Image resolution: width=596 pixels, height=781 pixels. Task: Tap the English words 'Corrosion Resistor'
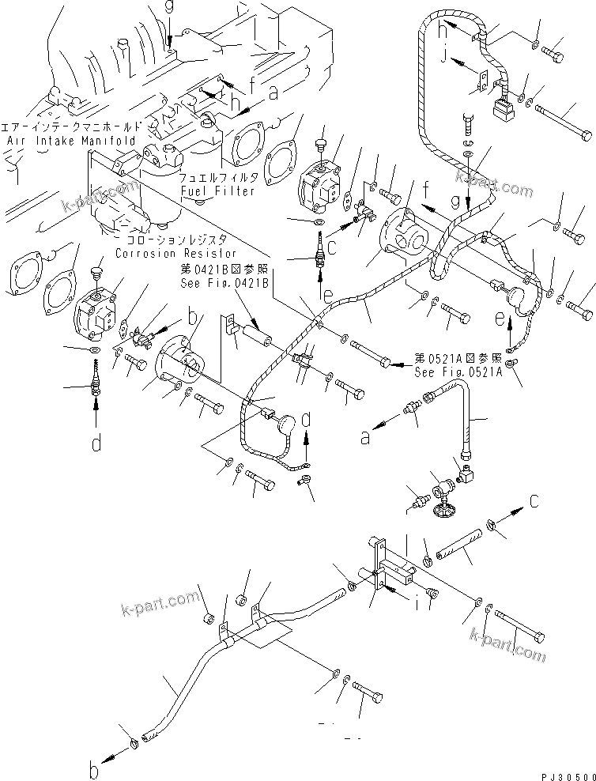coord(175,254)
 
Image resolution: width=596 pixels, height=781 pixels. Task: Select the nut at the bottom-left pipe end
coord(135,743)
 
